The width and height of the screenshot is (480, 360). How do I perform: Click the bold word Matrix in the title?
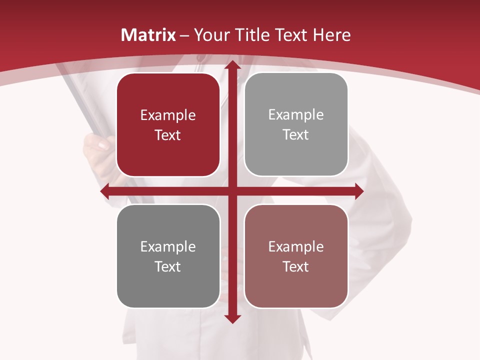(148, 35)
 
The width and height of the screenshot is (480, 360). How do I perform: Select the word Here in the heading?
(331, 35)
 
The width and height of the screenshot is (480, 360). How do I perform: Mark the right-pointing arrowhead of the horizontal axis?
(358, 191)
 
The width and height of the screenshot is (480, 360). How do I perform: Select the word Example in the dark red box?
(168, 115)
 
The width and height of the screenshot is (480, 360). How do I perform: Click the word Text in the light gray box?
(296, 135)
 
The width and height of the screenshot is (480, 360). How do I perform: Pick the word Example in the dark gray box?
(168, 247)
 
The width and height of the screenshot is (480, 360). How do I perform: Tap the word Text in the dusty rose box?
(296, 266)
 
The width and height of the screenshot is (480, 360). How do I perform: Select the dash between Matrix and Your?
(184, 35)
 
